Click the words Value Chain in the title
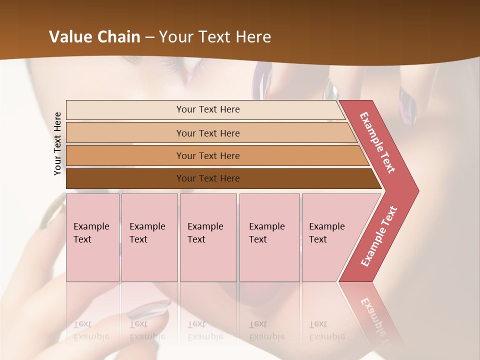point(94,37)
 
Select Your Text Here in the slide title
point(215,37)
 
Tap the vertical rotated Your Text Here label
point(57,143)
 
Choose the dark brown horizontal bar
point(125,178)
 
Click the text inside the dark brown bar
point(208,178)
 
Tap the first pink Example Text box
point(92,237)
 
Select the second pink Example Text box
point(149,237)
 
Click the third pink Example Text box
point(208,237)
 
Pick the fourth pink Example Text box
point(269,237)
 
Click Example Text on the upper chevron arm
point(377,142)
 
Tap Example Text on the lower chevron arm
point(379,236)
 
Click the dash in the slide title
point(149,37)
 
